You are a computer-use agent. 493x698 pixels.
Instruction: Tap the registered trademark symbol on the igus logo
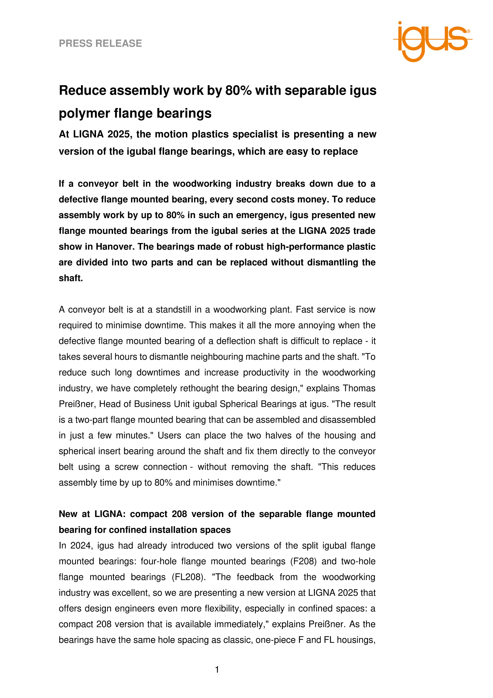468,31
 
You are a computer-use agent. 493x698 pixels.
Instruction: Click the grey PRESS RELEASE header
100,43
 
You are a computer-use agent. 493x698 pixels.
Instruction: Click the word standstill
174,310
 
